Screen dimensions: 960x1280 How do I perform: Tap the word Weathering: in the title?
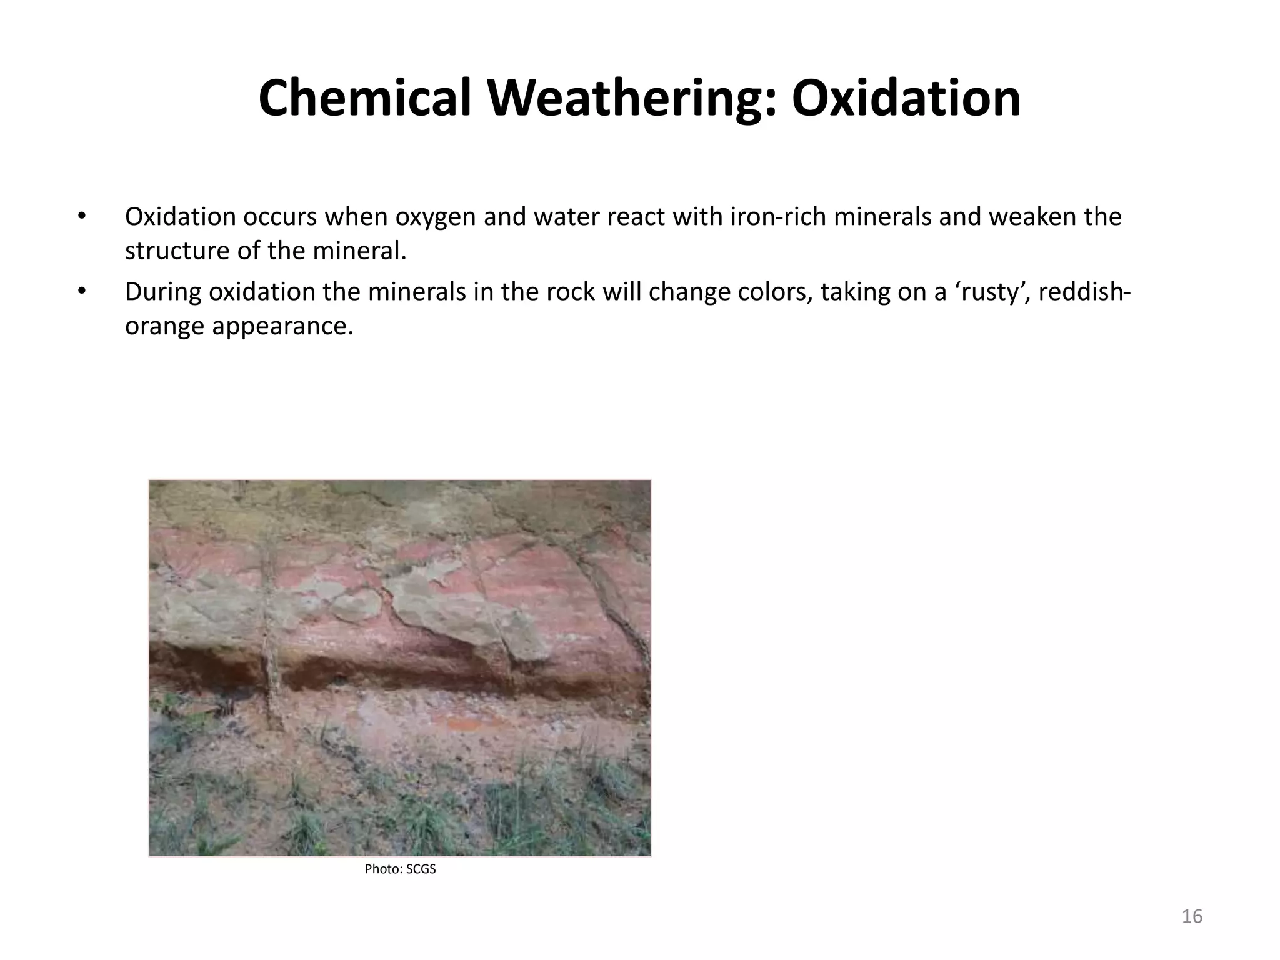pos(631,99)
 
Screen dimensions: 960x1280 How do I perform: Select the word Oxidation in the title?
pos(906,99)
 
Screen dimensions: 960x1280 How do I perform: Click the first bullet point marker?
pos(81,216)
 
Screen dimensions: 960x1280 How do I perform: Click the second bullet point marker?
pos(81,292)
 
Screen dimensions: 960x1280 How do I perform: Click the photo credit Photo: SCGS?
pos(400,869)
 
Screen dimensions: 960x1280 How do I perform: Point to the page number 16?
pos(1192,916)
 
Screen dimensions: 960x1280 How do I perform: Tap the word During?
pos(162,292)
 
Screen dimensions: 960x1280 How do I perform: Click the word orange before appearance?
pos(164,326)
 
